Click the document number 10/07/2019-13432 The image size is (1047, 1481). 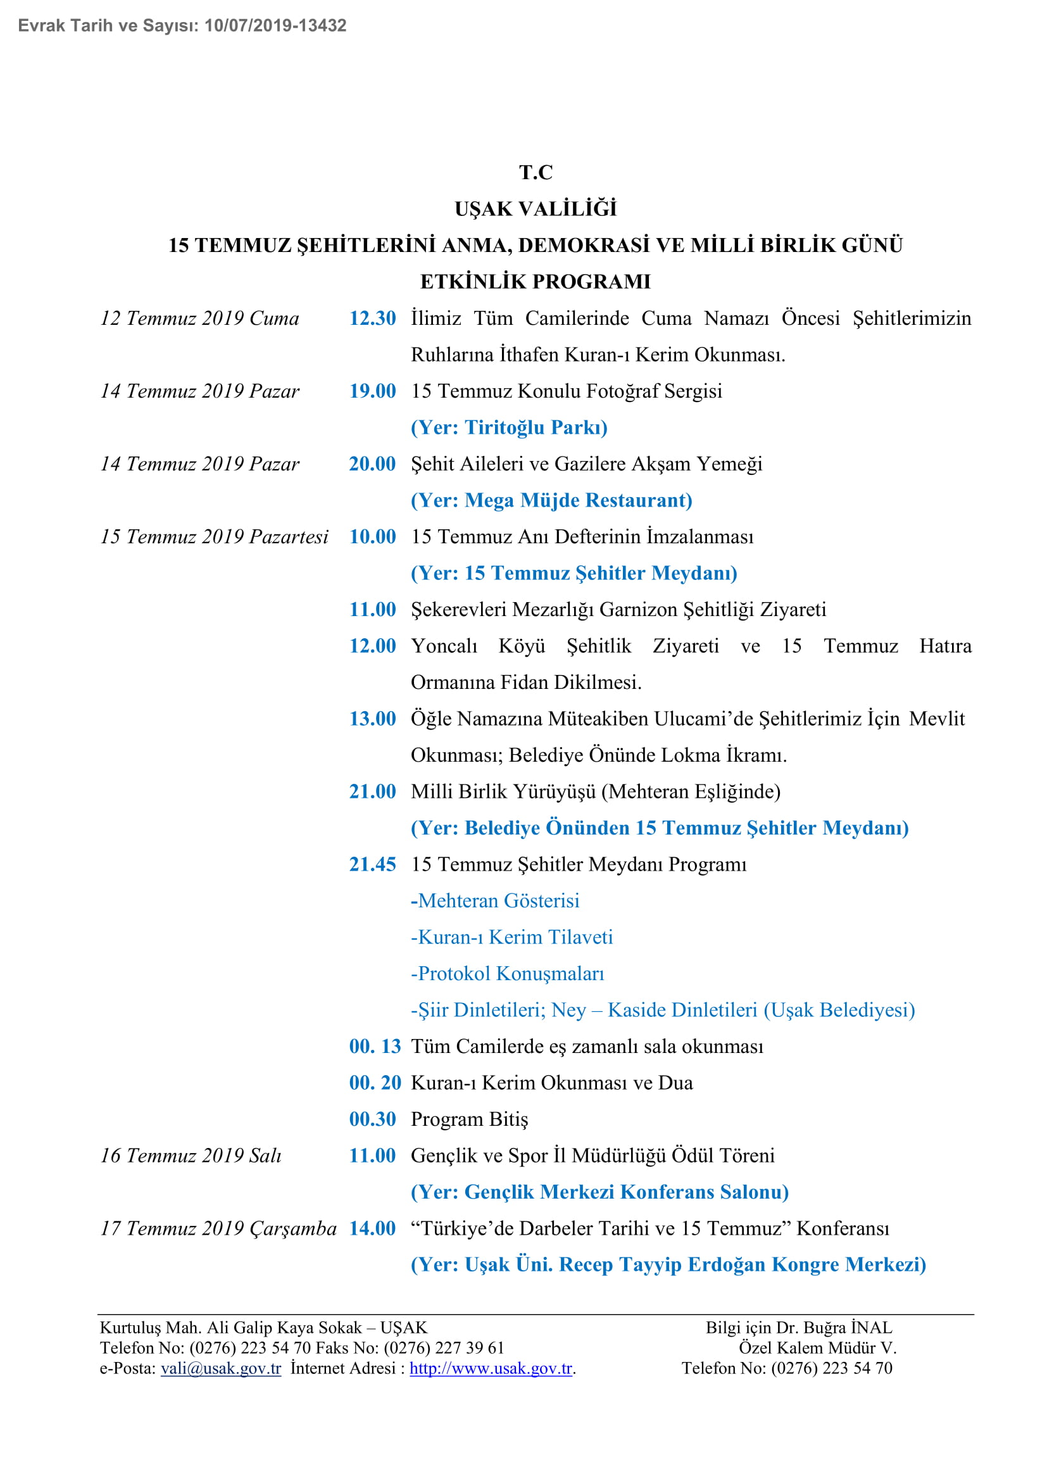pyautogui.click(x=275, y=26)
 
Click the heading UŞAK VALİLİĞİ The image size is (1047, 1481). pyautogui.click(x=535, y=209)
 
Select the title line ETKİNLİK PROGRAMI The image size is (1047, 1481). pyautogui.click(x=535, y=282)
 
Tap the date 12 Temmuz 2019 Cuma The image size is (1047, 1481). pyautogui.click(x=200, y=318)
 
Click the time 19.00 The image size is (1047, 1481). pyautogui.click(x=372, y=391)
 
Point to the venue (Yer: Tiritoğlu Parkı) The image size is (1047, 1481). pyautogui.click(x=509, y=427)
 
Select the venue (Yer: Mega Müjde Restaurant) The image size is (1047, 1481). pyautogui.click(x=551, y=501)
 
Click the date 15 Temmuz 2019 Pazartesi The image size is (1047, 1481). pyautogui.click(x=214, y=537)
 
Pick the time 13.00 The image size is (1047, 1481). pyautogui.click(x=372, y=719)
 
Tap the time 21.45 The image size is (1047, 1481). pyautogui.click(x=372, y=864)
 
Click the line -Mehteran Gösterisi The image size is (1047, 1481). pyautogui.click(x=495, y=901)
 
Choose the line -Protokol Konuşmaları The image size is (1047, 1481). pyautogui.click(x=508, y=974)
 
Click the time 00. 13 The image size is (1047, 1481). pyautogui.click(x=375, y=1046)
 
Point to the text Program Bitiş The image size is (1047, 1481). pyautogui.click(x=469, y=1119)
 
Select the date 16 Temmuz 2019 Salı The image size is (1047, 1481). pyautogui.click(x=191, y=1156)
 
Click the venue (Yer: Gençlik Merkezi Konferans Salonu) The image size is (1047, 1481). pyautogui.click(x=599, y=1192)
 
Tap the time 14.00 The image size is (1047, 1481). pyautogui.click(x=372, y=1228)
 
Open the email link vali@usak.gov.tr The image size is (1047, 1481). pyautogui.click(x=221, y=1368)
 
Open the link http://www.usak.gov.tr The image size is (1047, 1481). pyautogui.click(x=491, y=1368)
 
